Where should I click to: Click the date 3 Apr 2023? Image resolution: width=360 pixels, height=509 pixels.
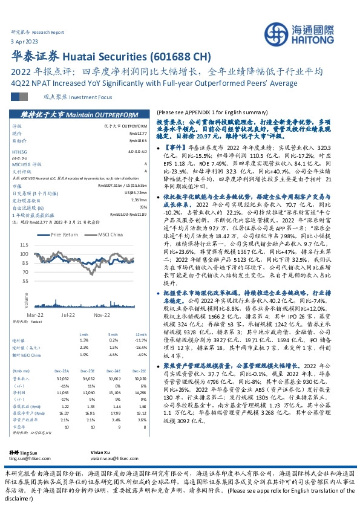click(25, 40)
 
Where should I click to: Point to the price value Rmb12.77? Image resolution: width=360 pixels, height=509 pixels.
click(139, 134)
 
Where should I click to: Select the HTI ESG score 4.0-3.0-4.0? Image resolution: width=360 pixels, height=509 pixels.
click(136, 151)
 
